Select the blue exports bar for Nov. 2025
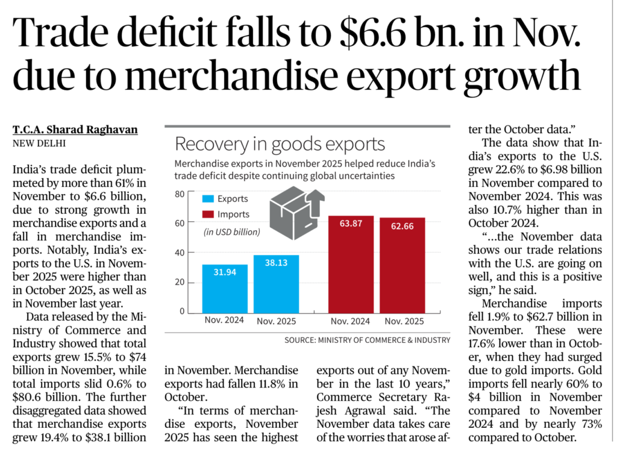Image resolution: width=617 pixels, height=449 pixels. pyautogui.click(x=277, y=283)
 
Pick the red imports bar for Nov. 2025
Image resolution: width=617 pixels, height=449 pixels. pyautogui.click(x=402, y=265)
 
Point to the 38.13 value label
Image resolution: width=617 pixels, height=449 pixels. pyautogui.click(x=277, y=265)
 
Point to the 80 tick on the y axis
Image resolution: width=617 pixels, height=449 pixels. pyautogui.click(x=180, y=193)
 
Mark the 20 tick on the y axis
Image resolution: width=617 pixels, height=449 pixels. pyautogui.click(x=180, y=282)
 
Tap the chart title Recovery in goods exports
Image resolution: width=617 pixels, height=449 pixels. pyautogui.click(x=279, y=145)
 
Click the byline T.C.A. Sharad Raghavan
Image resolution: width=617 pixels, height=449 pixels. pyautogui.click(x=75, y=129)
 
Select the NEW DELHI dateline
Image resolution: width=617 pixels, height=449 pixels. pyautogui.click(x=39, y=143)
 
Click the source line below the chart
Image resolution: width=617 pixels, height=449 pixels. pyautogui.click(x=368, y=340)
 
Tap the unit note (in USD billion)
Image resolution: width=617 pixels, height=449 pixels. pyautogui.click(x=232, y=231)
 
